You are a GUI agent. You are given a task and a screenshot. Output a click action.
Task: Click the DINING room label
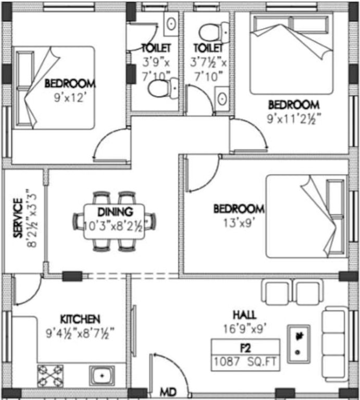click(115, 212)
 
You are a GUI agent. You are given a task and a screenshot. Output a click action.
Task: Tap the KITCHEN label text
click(80, 319)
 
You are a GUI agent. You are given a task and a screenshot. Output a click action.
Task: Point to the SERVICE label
click(18, 218)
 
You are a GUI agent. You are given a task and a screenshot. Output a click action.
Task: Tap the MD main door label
click(168, 391)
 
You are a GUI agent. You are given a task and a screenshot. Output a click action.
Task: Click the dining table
click(115, 221)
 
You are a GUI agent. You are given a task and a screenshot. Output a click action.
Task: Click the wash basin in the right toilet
click(222, 98)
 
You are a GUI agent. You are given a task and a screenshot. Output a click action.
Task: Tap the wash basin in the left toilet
click(171, 23)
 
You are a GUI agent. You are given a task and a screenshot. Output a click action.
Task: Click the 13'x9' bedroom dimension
click(239, 221)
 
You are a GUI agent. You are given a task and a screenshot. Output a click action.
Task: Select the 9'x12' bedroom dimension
click(70, 96)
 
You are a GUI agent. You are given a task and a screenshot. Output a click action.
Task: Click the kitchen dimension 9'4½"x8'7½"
click(80, 331)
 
